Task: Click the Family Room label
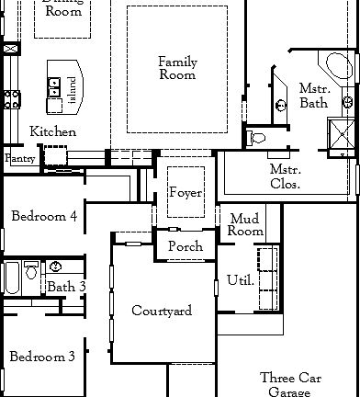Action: [x=177, y=68]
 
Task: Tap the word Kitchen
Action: [x=52, y=131]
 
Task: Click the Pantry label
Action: [x=19, y=159]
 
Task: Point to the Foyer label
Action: [x=186, y=193]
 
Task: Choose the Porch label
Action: [x=186, y=247]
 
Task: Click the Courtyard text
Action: [x=162, y=312]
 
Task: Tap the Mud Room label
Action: [x=245, y=225]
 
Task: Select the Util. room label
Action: [x=240, y=279]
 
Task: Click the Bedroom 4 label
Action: [x=44, y=216]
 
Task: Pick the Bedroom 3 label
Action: [x=42, y=357]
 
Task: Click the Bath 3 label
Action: [x=67, y=288]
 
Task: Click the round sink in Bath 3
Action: [x=56, y=267]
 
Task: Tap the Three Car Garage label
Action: [x=290, y=384]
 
